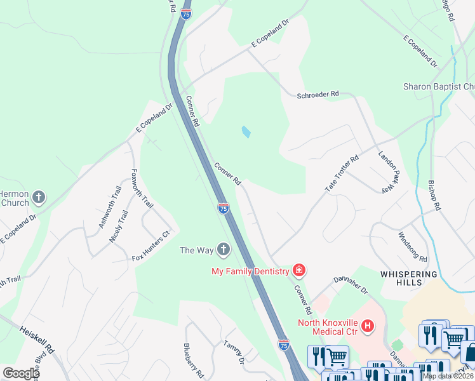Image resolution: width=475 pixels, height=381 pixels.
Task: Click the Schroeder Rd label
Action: click(x=318, y=95)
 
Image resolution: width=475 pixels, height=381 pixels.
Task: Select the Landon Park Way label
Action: click(x=391, y=171)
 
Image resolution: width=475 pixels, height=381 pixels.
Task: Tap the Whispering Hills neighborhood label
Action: click(x=409, y=279)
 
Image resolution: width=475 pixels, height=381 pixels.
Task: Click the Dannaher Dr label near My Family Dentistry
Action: click(x=351, y=284)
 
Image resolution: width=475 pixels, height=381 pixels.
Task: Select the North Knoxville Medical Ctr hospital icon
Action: click(x=367, y=326)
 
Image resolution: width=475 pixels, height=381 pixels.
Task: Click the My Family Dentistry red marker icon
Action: click(x=298, y=271)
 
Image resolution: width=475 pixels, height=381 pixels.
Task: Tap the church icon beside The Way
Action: click(x=223, y=250)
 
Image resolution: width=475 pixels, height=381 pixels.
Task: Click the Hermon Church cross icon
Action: click(x=39, y=197)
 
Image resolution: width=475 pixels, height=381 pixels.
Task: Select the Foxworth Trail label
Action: click(x=142, y=189)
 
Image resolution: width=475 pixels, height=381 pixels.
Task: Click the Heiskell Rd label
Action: click(x=37, y=340)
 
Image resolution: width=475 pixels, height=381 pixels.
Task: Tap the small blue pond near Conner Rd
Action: click(x=246, y=132)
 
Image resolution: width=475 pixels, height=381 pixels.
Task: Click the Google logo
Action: click(x=22, y=373)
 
